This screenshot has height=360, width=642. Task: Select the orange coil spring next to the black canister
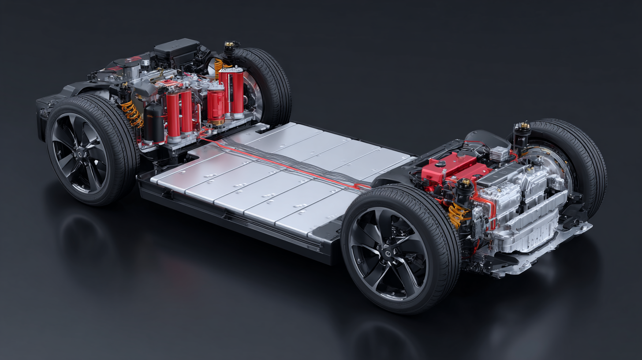click(132, 114)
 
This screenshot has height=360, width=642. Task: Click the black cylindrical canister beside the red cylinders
click(154, 123)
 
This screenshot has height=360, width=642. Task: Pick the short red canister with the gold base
click(216, 105)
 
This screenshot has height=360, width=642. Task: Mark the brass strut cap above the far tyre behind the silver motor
click(523, 126)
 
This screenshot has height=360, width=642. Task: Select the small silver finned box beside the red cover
click(498, 154)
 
